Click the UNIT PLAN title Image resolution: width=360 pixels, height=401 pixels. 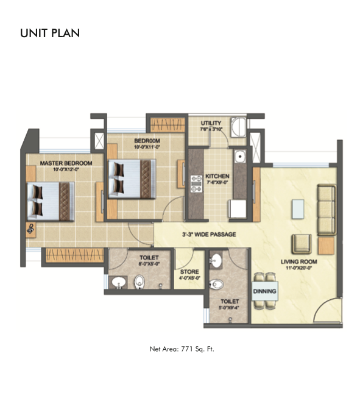(x=50, y=32)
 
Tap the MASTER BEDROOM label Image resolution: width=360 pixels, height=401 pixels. (x=66, y=163)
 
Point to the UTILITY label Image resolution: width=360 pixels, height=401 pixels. (x=211, y=124)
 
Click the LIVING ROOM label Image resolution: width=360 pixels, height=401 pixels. (x=298, y=262)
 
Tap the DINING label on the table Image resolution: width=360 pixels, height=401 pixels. (x=265, y=291)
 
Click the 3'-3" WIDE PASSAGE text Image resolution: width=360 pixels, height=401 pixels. (x=209, y=234)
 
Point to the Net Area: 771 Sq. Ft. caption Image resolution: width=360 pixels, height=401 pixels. (x=182, y=349)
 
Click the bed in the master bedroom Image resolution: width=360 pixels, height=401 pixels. (x=52, y=199)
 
